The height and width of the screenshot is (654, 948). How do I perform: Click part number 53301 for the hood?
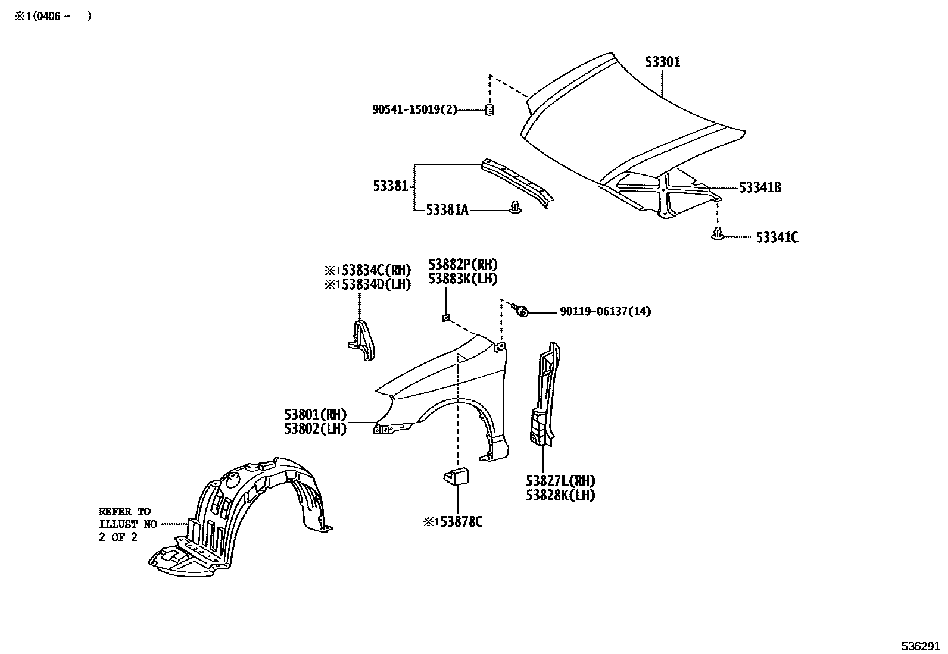point(663,62)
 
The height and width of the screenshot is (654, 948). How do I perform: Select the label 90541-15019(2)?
point(414,110)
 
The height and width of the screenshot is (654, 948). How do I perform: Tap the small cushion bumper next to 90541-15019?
point(490,110)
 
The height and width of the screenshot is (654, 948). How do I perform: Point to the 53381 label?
point(391,186)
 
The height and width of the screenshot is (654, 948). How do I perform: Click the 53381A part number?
point(447,210)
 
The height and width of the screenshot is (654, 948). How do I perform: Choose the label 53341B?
point(760,188)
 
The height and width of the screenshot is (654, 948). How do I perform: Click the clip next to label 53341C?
point(718,234)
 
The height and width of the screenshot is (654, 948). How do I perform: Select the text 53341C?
point(777,238)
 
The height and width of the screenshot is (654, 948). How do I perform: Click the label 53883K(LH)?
point(463,279)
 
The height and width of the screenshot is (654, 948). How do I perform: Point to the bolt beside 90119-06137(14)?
point(522,311)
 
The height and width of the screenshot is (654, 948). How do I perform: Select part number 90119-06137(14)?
point(605,311)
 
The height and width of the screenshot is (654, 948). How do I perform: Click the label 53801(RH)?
point(315,415)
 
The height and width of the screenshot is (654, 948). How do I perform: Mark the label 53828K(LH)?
point(560,495)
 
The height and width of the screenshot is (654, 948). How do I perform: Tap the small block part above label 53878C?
point(456,476)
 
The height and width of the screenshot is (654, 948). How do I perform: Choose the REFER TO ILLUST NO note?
point(127,524)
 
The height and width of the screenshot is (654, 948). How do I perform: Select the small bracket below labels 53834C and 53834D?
point(361,340)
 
